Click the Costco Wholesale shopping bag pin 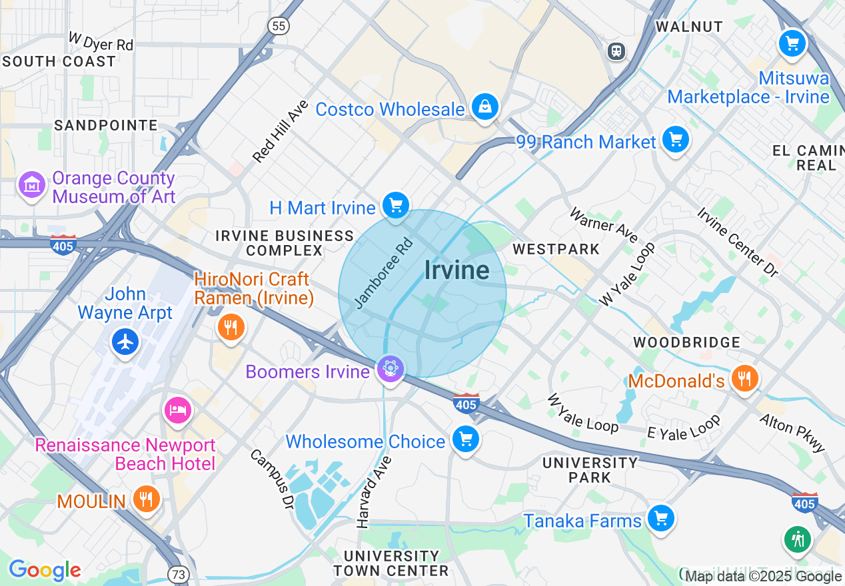(x=485, y=106)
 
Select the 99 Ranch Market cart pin (x=676, y=139)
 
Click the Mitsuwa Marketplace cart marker (x=792, y=44)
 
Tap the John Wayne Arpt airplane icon (x=125, y=342)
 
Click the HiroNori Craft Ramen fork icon (x=231, y=327)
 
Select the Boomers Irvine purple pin (x=390, y=368)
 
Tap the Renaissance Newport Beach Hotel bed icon (x=177, y=409)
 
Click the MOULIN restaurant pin (x=145, y=497)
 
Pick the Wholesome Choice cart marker (x=465, y=438)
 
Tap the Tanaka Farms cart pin (x=660, y=517)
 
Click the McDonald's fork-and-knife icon (x=744, y=378)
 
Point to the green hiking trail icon (x=798, y=538)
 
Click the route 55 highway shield (x=279, y=26)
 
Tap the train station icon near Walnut (x=616, y=51)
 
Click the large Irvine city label (x=456, y=270)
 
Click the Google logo (x=45, y=570)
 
